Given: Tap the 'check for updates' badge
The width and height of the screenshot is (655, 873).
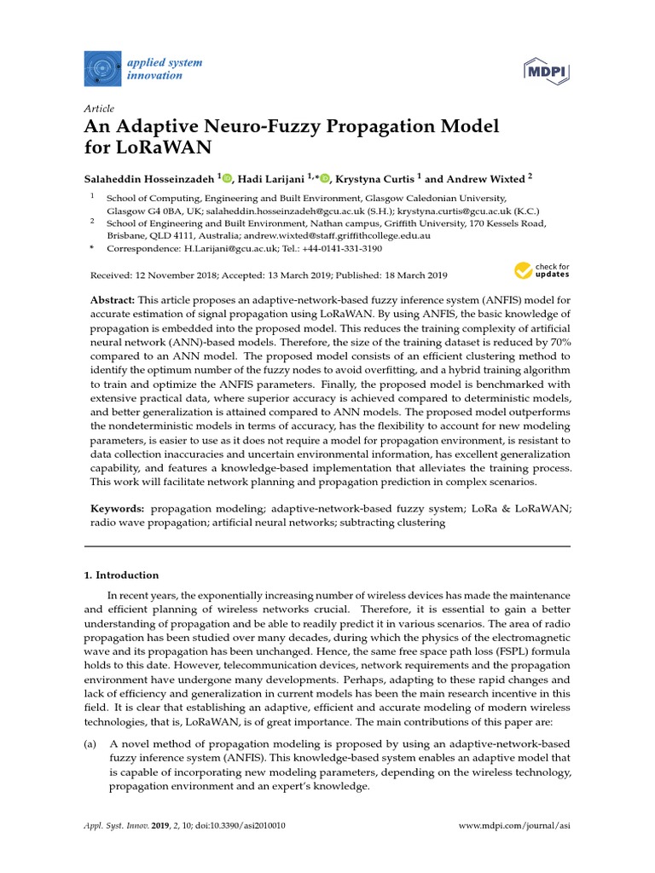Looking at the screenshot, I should (x=542, y=271).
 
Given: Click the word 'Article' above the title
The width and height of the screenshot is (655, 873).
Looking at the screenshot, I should (x=98, y=108).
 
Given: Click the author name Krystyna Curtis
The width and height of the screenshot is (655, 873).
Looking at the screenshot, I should (x=374, y=178).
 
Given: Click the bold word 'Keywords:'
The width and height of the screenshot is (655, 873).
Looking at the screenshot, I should (x=118, y=508).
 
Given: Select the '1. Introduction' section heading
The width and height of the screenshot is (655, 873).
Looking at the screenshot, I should (x=121, y=575).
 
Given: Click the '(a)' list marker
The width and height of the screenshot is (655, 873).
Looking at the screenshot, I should (x=90, y=744).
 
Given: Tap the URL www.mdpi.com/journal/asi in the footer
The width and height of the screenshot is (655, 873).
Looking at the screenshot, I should (x=515, y=826).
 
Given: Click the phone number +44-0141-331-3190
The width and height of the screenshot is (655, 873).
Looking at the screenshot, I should (x=342, y=249).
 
